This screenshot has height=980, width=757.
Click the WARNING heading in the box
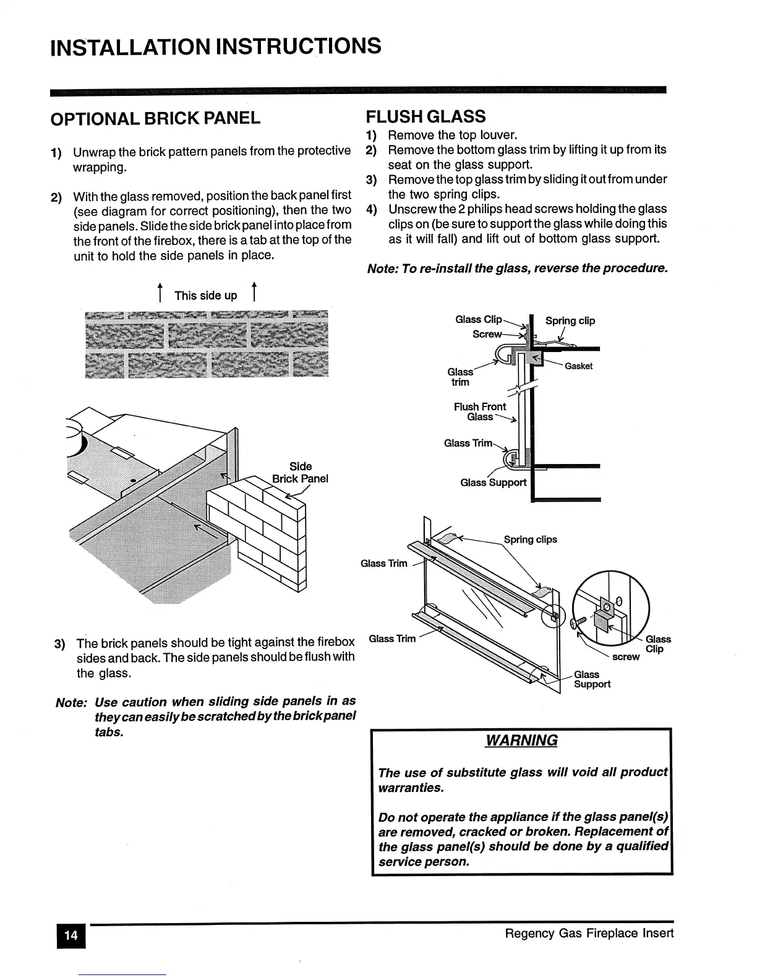coord(521,741)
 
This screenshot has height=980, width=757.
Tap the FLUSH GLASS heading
coord(426,116)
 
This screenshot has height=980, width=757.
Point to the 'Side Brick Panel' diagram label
coord(300,473)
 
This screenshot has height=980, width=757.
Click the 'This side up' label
coord(205,296)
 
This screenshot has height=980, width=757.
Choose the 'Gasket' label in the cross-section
coord(578,366)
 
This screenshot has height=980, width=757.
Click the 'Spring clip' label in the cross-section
coord(570,320)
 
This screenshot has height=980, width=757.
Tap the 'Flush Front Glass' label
coord(480,411)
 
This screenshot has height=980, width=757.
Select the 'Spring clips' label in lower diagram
coord(530,539)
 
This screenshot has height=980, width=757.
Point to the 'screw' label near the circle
coord(625,657)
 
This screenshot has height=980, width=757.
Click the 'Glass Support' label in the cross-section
coord(493,483)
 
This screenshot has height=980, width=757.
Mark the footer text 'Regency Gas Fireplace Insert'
coord(589,933)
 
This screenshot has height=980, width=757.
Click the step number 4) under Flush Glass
coord(371,209)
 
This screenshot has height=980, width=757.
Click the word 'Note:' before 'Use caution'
coord(71,703)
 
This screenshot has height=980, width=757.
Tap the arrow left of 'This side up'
coord(160,293)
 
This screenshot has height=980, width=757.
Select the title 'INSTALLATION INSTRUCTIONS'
coord(215,46)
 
